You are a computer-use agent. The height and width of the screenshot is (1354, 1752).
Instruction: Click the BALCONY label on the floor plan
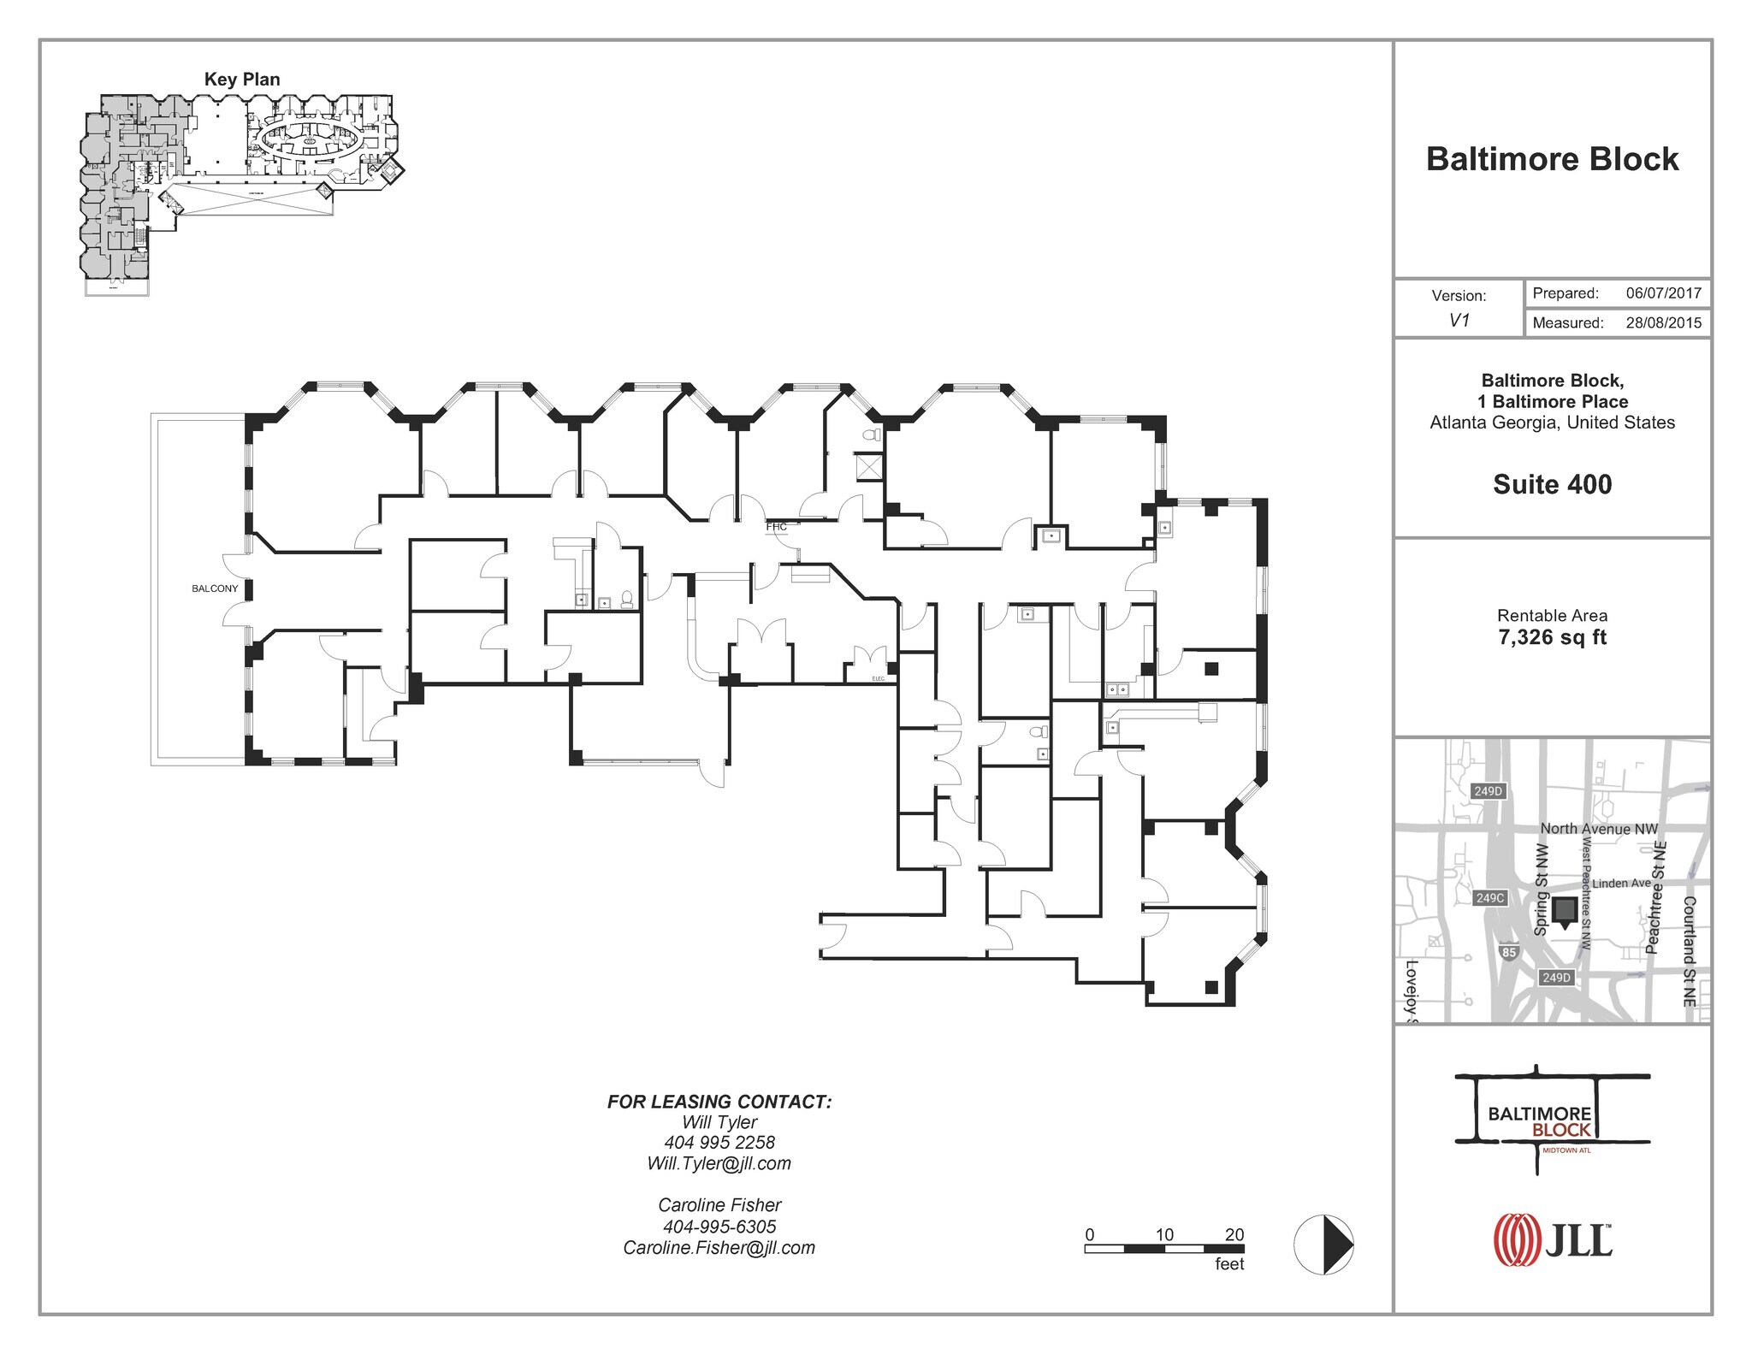pos(215,588)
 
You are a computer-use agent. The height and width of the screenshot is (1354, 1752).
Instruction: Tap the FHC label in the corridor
pos(776,527)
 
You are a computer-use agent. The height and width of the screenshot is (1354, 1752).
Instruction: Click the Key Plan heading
pos(242,80)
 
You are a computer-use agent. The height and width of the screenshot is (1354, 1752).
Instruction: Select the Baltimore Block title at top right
pos(1552,159)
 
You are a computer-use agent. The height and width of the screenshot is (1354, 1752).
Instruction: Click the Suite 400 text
pos(1552,484)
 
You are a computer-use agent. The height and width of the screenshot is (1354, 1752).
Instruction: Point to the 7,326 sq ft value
pos(1552,637)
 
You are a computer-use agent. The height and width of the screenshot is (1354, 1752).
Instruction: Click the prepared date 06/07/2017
pos(1663,293)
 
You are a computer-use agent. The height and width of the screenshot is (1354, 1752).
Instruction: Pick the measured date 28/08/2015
pos(1663,323)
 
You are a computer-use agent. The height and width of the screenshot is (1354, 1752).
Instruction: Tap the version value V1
pos(1459,321)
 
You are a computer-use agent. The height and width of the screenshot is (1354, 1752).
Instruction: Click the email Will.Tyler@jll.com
pos(719,1163)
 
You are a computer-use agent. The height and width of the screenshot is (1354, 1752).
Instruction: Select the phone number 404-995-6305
pos(719,1227)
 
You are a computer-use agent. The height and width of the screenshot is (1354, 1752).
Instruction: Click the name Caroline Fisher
pos(719,1205)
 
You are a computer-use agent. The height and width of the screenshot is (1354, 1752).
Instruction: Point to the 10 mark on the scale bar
pos(1164,1235)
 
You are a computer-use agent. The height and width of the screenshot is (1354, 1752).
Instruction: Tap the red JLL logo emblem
pos(1514,1239)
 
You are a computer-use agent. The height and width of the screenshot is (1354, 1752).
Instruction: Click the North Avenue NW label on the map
pos(1598,828)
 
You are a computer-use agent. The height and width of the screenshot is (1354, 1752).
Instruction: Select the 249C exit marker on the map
pos(1490,898)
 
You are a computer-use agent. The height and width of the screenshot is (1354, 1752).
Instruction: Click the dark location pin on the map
pos(1565,912)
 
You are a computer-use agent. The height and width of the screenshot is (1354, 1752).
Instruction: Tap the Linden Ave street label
pos(1620,884)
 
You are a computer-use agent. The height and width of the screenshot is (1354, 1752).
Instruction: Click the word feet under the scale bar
pos(1229,1264)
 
